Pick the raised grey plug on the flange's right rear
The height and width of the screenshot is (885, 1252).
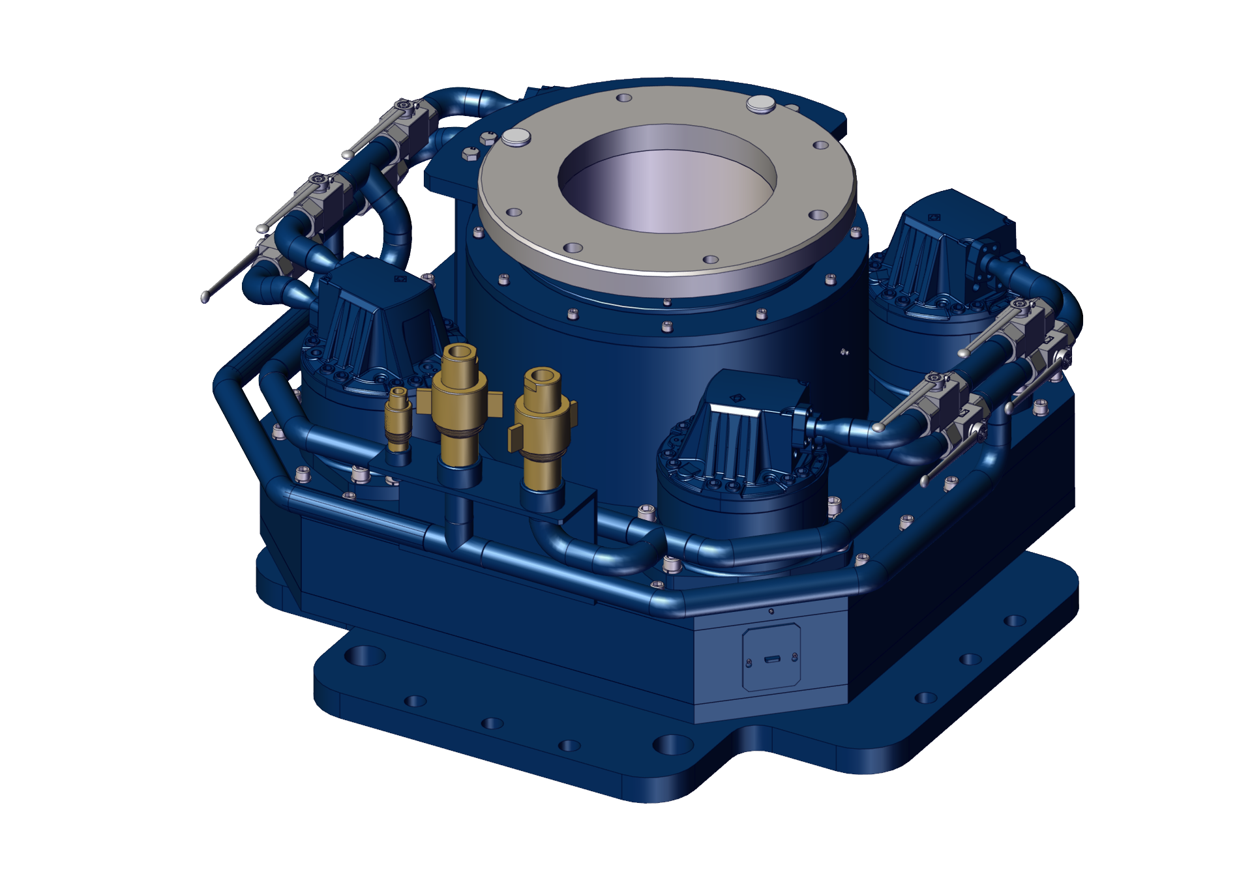tap(760, 103)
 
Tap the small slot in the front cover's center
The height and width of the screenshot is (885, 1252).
tap(771, 660)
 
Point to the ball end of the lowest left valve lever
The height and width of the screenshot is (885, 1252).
tap(205, 297)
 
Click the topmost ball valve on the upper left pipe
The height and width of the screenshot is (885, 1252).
tap(411, 117)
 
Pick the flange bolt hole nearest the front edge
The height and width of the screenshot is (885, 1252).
tap(711, 259)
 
